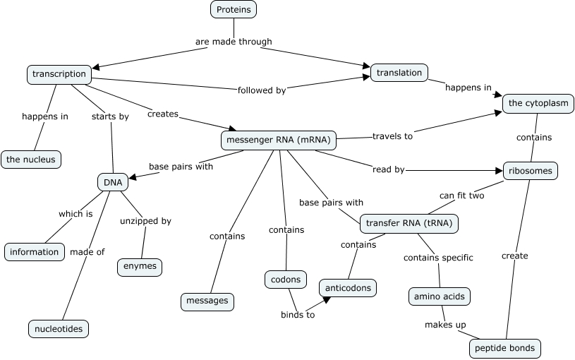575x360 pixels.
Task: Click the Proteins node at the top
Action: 233,9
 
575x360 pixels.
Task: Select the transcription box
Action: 59,73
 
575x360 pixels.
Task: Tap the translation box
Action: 399,72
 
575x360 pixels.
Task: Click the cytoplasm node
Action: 538,103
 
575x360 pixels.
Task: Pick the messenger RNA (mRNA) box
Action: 278,140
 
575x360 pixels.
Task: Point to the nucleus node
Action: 31,160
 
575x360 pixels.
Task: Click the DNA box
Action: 113,182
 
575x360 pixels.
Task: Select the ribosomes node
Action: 531,170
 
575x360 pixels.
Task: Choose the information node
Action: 34,251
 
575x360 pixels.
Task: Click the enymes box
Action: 139,267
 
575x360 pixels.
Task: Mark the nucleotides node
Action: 59,328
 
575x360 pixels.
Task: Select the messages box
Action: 207,301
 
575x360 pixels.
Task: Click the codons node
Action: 286,280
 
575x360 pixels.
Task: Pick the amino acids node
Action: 440,296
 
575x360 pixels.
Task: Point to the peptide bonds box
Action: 505,347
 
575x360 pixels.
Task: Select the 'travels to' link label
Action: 392,136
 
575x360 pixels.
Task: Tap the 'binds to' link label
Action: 297,315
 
